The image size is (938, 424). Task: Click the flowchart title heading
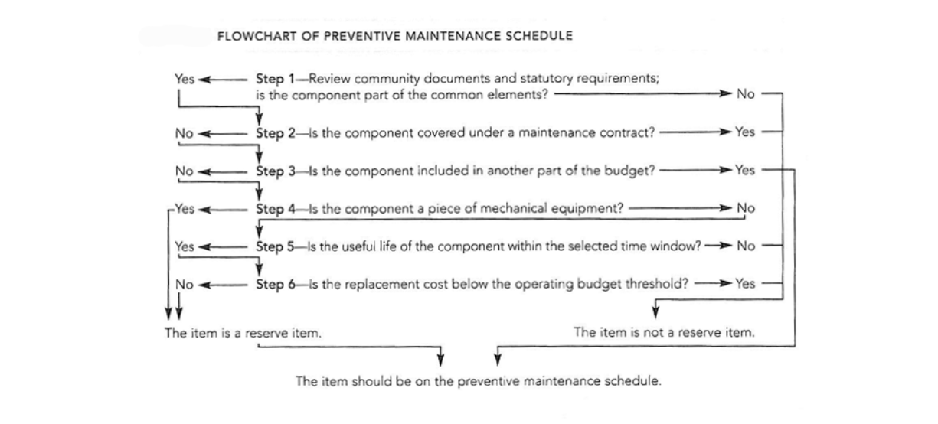click(x=395, y=36)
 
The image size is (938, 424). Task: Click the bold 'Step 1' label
click(x=270, y=79)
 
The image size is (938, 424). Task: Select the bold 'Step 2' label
click(x=270, y=132)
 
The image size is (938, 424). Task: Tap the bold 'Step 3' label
click(x=270, y=171)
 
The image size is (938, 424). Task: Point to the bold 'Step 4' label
click(x=270, y=208)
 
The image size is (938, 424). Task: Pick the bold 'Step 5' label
click(x=270, y=246)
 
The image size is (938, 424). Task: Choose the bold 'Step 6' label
click(x=270, y=284)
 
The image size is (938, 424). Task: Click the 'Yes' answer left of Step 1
click(x=185, y=79)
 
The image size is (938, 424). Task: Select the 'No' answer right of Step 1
click(x=745, y=94)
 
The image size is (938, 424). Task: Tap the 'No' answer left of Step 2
click(x=184, y=132)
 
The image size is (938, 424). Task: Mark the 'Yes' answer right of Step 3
click(x=744, y=171)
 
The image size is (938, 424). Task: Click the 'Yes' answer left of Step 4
click(x=185, y=208)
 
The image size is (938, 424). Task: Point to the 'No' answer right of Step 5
click(x=745, y=246)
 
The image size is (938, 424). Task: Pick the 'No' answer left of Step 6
click(x=184, y=284)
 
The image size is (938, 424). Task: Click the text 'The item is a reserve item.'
click(x=243, y=334)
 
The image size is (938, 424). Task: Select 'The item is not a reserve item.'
click(x=665, y=333)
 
